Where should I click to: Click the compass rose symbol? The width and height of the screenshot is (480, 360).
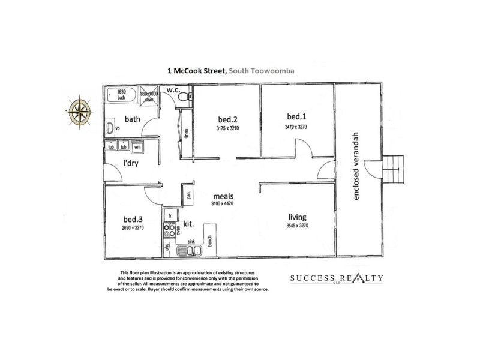click(79, 110)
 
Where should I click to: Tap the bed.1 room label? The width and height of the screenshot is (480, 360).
click(296, 116)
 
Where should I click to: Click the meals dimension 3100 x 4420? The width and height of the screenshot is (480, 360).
click(221, 205)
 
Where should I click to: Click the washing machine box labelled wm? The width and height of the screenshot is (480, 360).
click(137, 146)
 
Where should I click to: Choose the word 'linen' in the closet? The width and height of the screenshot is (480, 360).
click(187, 133)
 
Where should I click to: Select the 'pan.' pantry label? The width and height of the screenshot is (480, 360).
click(188, 195)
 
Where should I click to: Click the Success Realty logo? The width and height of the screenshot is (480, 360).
click(336, 279)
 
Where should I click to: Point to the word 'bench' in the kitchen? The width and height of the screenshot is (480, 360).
click(210, 239)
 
